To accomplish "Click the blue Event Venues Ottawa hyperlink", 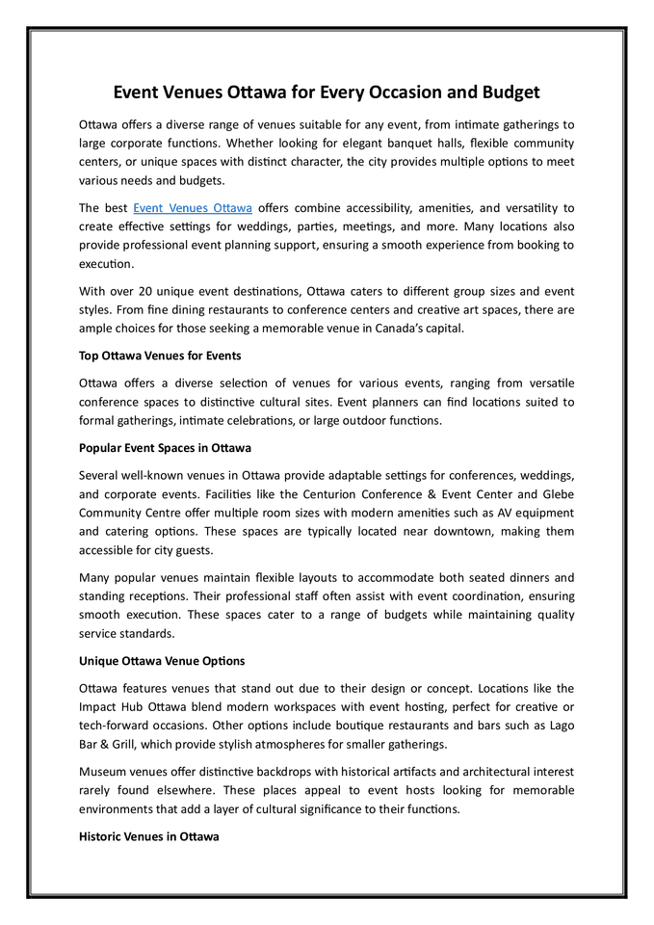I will [x=193, y=207].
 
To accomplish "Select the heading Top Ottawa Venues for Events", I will [x=160, y=356].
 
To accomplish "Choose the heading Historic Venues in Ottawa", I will [x=148, y=836].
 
